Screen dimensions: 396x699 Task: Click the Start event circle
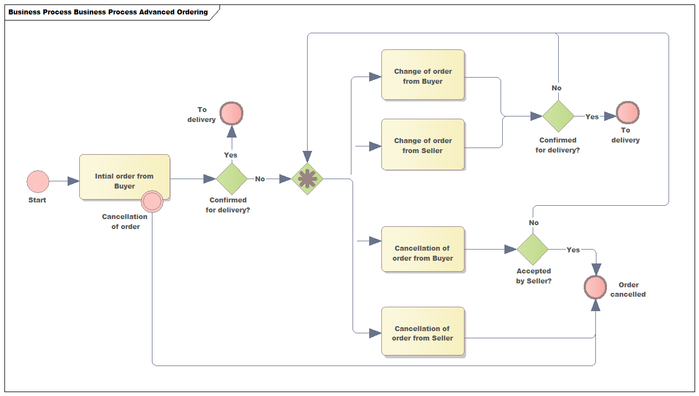38,181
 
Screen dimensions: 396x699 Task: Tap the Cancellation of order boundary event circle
152,201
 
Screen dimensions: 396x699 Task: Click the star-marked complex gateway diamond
307,179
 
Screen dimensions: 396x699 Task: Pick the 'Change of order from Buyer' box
422,75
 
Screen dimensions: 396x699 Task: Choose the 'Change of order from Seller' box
422,144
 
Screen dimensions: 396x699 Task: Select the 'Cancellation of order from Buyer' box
422,249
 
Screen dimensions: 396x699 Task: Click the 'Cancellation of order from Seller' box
422,331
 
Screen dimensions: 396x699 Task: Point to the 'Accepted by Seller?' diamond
533,249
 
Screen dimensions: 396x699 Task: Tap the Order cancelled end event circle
596,287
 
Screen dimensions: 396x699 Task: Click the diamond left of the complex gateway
231,179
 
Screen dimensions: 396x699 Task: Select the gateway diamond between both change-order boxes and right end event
558,116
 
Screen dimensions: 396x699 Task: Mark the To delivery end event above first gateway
231,113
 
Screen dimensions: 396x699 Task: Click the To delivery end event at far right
627,113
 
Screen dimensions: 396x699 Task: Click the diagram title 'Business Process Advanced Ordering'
108,12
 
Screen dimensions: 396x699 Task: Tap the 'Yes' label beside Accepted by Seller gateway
573,250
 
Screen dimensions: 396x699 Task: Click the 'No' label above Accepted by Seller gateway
534,222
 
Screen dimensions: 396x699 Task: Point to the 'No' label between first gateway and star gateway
259,179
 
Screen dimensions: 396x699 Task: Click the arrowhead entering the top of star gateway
307,157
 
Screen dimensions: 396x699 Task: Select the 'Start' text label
37,200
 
